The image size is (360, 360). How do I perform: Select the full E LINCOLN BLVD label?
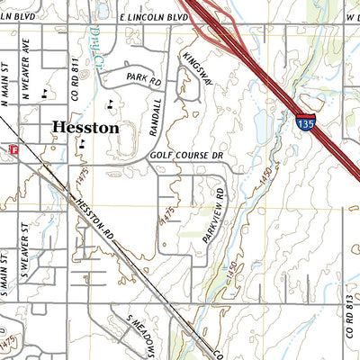point(156,17)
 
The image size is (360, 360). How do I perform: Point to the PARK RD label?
point(143,80)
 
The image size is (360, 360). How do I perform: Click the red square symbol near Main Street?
point(13,148)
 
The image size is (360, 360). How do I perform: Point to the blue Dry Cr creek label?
point(97,39)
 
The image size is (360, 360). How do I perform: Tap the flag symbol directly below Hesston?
point(82,142)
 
